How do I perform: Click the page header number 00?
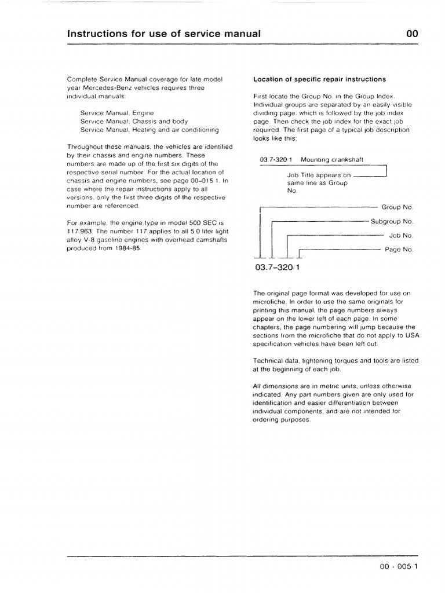411,34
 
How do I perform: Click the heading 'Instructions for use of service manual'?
164,34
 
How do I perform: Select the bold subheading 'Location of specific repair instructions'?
319,79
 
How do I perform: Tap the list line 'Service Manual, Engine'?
117,112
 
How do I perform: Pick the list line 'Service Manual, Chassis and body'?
134,121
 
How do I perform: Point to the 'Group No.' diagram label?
397,207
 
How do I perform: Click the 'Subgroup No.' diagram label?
392,221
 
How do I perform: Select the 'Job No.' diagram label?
400,236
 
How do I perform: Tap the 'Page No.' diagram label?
399,250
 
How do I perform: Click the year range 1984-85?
128,248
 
